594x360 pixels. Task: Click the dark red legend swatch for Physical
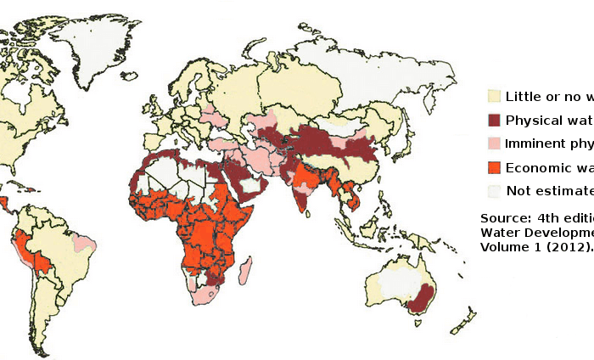(494, 120)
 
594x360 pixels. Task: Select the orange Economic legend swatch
(494, 166)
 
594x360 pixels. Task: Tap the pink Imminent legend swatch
(494, 143)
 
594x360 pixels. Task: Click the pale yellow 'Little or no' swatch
(494, 96)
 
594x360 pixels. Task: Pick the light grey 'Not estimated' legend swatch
(494, 189)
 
